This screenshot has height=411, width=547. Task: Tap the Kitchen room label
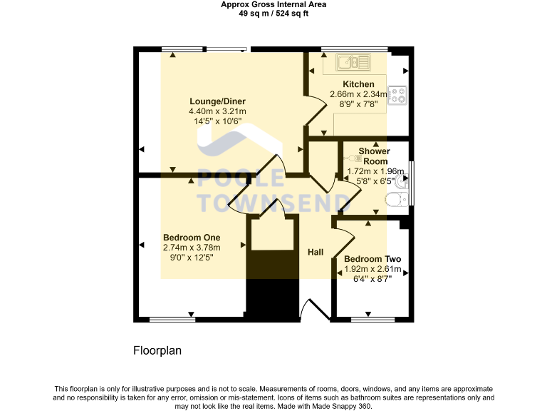click(358, 84)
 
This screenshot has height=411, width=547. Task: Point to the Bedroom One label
click(192, 238)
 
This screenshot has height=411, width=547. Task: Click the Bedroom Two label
click(372, 259)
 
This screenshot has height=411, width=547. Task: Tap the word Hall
click(316, 252)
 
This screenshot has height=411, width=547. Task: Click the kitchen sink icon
click(353, 62)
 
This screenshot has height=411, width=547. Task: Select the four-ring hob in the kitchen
click(397, 96)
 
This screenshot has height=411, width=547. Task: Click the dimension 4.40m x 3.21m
click(217, 111)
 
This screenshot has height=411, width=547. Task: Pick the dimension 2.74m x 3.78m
click(192, 248)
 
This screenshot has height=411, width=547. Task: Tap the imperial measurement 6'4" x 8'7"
click(373, 279)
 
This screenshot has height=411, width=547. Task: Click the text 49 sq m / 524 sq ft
click(273, 13)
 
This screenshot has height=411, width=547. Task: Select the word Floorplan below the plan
click(159, 351)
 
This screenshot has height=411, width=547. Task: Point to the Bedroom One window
click(172, 319)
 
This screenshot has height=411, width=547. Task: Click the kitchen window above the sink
click(354, 49)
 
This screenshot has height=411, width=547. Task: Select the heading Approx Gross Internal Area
click(273, 4)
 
